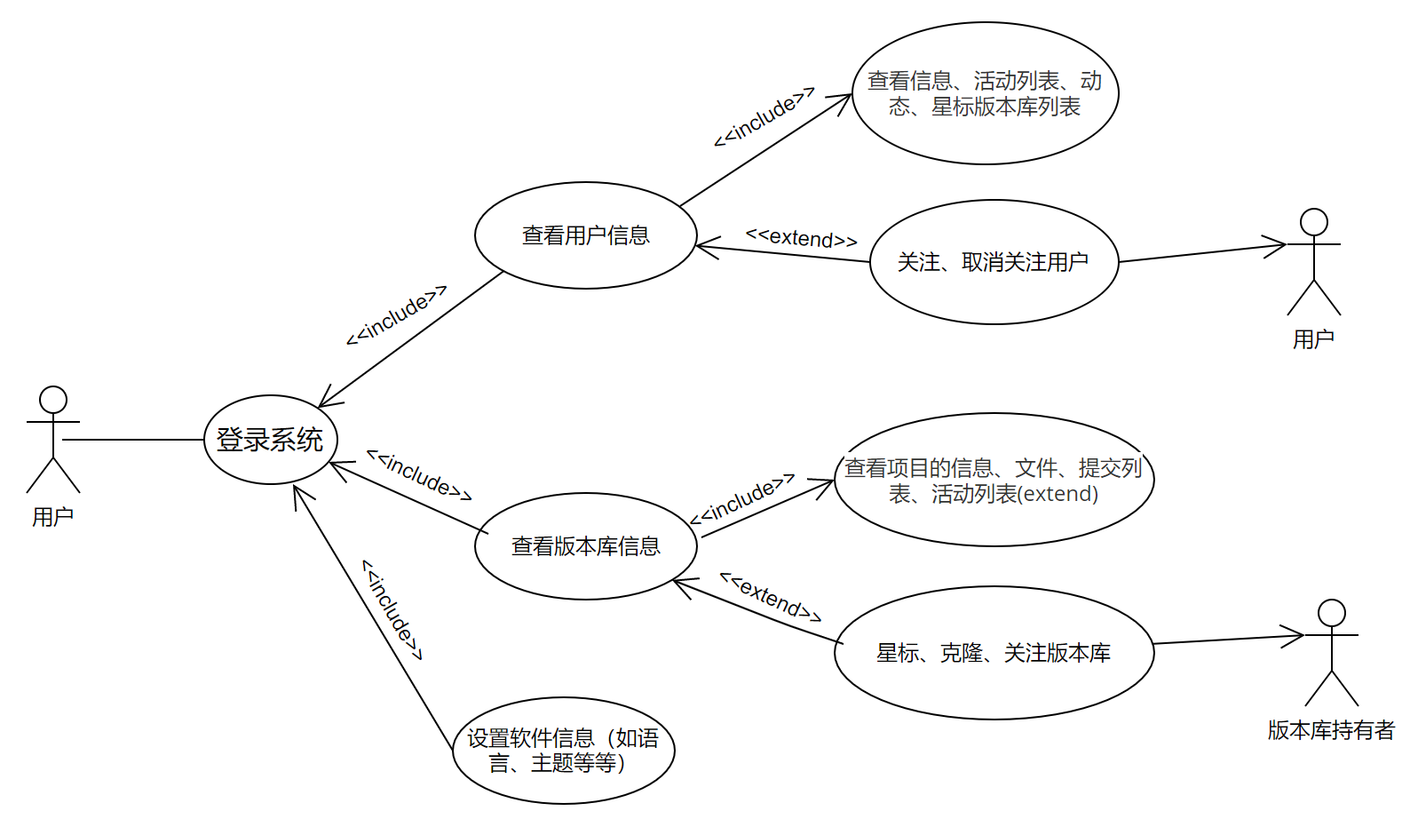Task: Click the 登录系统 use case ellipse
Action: point(270,440)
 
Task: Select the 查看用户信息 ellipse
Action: point(585,235)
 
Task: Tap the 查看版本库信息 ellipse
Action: point(585,546)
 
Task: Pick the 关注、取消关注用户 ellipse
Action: point(993,262)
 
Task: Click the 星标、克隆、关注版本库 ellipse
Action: point(993,653)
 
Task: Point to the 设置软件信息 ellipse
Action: point(563,751)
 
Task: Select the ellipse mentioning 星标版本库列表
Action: point(984,93)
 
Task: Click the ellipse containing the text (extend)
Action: point(993,480)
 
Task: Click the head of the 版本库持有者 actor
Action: point(1331,613)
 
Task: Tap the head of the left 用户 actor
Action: point(53,400)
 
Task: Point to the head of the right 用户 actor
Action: point(1313,222)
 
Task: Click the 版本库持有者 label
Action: point(1331,730)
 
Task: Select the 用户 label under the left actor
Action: point(53,517)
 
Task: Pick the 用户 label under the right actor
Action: point(1313,339)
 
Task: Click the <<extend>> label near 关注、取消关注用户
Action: point(801,238)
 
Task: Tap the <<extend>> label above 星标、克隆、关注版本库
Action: point(770,597)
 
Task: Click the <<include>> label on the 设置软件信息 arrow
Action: point(392,609)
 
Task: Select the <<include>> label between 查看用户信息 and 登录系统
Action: point(396,315)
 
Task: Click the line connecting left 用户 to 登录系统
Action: point(133,440)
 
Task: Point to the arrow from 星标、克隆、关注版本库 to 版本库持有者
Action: point(1225,640)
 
